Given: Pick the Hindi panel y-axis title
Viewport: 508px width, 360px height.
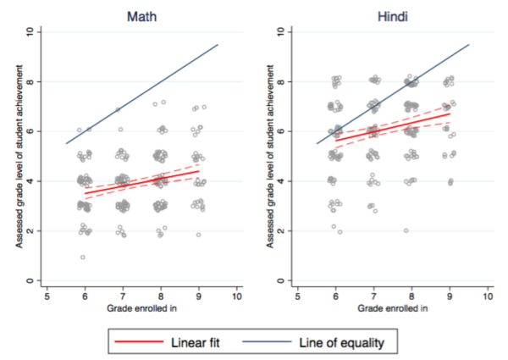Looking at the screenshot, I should (263, 156).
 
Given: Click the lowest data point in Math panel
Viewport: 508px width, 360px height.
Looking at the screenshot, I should (82, 258).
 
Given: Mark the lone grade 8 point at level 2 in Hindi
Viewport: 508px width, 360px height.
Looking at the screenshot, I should (406, 230).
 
